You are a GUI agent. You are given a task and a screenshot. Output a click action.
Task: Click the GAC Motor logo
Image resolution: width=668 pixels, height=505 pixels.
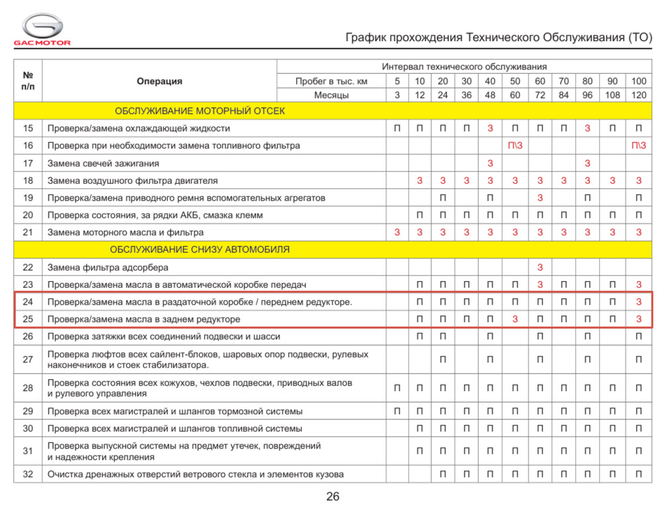point(42,30)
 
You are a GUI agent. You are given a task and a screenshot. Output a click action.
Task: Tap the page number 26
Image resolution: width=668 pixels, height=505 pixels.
point(333,496)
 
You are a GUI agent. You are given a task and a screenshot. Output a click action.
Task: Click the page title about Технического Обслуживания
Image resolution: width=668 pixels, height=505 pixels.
point(499,37)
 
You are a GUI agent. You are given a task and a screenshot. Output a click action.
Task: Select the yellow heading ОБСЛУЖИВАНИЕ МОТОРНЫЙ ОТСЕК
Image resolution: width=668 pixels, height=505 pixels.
point(199,111)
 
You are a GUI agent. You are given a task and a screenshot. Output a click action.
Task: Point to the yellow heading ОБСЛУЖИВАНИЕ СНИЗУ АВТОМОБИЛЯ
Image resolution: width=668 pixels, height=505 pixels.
point(199,250)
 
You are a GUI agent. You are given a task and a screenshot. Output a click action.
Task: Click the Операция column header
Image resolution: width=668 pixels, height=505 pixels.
point(159,82)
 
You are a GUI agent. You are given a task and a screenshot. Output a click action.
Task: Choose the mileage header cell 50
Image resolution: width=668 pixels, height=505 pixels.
point(515,81)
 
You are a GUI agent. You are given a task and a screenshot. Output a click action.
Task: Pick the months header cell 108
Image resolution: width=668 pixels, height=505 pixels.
point(613,95)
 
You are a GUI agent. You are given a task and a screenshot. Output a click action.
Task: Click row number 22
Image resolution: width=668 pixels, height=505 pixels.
point(28,267)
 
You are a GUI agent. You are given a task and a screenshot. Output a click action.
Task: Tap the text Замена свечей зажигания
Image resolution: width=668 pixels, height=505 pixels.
point(103,163)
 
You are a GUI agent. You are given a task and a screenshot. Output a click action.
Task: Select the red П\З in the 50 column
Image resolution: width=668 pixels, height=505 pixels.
point(515,146)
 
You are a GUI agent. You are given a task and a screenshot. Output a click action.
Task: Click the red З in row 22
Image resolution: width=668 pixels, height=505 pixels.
point(539,267)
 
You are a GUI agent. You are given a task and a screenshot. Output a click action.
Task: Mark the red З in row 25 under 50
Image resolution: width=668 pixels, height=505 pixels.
point(515,319)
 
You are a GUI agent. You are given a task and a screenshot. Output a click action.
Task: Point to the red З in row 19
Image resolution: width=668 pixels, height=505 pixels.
point(539,197)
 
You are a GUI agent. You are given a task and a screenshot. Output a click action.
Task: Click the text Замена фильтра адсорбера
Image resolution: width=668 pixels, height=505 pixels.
point(108,267)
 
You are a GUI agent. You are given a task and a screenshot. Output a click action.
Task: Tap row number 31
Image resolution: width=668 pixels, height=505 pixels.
point(28,451)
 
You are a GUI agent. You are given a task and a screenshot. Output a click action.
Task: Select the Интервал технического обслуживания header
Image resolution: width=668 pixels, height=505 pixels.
point(464,67)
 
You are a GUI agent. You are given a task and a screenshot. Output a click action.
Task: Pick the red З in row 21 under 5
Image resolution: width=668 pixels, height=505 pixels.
point(397,232)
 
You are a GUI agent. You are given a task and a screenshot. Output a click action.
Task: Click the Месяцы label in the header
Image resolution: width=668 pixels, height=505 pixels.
point(331,95)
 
